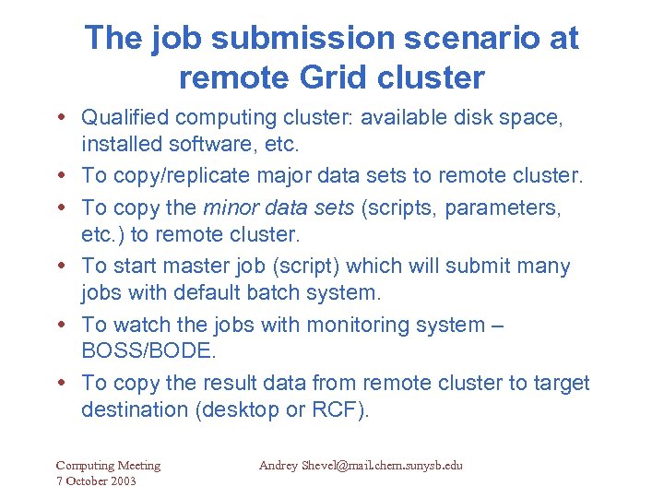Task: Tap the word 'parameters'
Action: pyautogui.click(x=503, y=207)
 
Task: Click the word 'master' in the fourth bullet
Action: pyautogui.click(x=204, y=266)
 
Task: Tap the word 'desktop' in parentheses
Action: pyautogui.click(x=242, y=409)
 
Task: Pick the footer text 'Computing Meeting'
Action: pyautogui.click(x=108, y=466)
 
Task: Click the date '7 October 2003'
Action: pyautogui.click(x=96, y=481)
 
